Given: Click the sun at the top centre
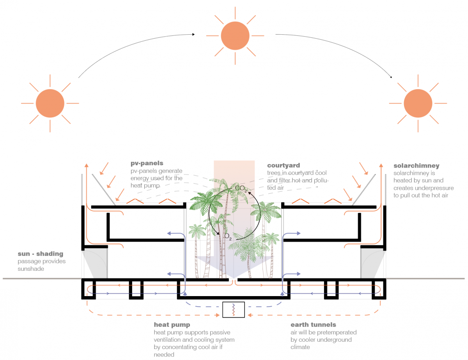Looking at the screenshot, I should [235, 35].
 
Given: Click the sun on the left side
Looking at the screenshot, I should [50, 103].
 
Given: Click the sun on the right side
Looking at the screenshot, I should [418, 103].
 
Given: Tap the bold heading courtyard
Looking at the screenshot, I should [284, 166].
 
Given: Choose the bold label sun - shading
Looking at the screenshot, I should [40, 254].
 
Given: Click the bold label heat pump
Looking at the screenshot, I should [172, 325].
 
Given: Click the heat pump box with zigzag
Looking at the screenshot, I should [233, 310].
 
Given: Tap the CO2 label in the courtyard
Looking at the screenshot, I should [241, 189].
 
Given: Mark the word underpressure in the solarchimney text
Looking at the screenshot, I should [434, 188].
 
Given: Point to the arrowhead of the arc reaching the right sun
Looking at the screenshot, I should [391, 78].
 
